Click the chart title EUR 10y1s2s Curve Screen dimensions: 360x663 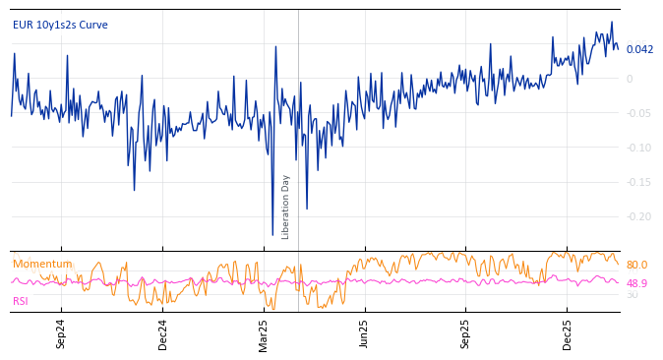coord(60,25)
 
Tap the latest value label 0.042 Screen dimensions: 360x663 coord(639,49)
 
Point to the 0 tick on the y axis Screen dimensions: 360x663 coord(630,79)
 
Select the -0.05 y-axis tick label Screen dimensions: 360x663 coord(638,113)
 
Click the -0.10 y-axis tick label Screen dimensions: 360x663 coord(638,148)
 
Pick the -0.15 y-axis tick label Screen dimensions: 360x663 coord(638,182)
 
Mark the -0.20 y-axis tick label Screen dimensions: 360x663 coord(638,216)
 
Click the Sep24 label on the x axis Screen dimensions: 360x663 coord(61,334)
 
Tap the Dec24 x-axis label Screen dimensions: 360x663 coord(163,334)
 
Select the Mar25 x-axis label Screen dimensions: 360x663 coord(264,334)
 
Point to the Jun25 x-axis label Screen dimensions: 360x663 coord(365,334)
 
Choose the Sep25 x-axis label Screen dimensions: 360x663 coord(466,334)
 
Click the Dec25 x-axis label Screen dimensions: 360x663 coord(568,334)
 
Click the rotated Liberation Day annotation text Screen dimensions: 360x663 coord(286,207)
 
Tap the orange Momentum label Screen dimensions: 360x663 coord(42,264)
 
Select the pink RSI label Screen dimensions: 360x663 coord(21,301)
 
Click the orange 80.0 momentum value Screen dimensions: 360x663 coord(636,265)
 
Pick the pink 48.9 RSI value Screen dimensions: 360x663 coord(636,283)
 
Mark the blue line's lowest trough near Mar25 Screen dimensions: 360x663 coord(272,235)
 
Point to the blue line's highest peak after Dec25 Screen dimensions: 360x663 coord(611,22)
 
